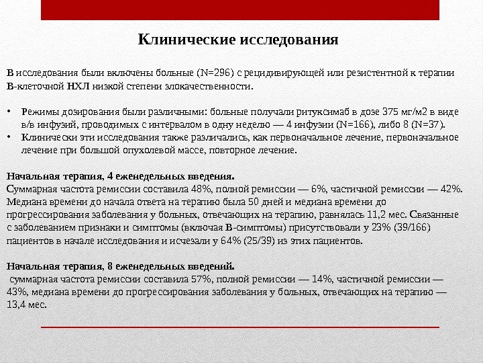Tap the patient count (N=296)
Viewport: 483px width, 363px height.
pyautogui.click(x=214, y=73)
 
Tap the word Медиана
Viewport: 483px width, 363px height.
pyautogui.click(x=26, y=201)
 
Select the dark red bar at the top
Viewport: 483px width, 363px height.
pyautogui.click(x=241, y=10)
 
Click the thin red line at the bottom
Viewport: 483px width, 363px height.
pyautogui.click(x=241, y=327)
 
